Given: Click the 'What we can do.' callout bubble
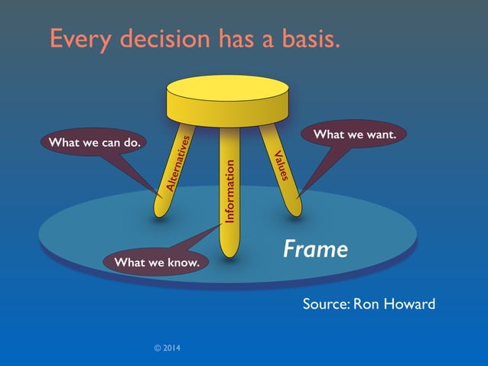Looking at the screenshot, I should [x=93, y=143].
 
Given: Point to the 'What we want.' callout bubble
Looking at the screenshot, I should [x=354, y=134].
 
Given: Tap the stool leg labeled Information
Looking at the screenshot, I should [x=230, y=191].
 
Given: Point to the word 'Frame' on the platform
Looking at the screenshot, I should [x=315, y=248].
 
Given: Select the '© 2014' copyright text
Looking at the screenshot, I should [x=168, y=348].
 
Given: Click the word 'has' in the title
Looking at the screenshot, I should [x=239, y=39].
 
